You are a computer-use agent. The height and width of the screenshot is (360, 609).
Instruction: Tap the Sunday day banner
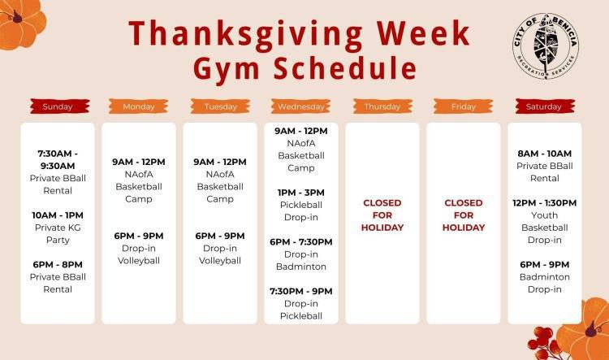coord(57,106)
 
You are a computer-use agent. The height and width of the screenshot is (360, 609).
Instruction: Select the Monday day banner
coord(138,106)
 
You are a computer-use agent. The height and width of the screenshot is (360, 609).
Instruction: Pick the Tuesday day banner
coord(220,106)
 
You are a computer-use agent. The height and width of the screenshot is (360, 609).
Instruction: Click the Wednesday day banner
coord(301,106)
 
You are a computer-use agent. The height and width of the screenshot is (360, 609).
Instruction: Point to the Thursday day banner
coord(382,106)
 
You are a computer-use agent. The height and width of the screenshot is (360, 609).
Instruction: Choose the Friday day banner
coord(464,106)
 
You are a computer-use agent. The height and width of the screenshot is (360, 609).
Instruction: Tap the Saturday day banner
coord(544,106)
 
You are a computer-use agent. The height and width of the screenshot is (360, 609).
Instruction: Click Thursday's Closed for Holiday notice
coord(382,215)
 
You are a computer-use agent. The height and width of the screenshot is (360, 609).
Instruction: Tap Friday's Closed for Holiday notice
coord(464,215)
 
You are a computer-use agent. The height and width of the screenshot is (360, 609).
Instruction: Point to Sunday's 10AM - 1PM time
coord(57,215)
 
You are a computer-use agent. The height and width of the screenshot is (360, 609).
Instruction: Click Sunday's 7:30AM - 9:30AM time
coord(57,159)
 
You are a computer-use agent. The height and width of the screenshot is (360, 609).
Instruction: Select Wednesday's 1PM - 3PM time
coord(301,193)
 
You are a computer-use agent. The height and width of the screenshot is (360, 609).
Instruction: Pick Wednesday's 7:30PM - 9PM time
coord(301,291)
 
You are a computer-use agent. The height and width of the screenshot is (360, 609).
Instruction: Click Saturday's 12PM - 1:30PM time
coord(544,202)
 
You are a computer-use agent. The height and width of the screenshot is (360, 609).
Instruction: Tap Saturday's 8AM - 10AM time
coord(544,154)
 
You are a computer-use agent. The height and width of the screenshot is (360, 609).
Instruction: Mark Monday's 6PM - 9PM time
coord(138,236)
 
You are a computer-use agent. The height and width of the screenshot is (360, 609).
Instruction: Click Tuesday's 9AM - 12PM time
coord(220,162)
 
